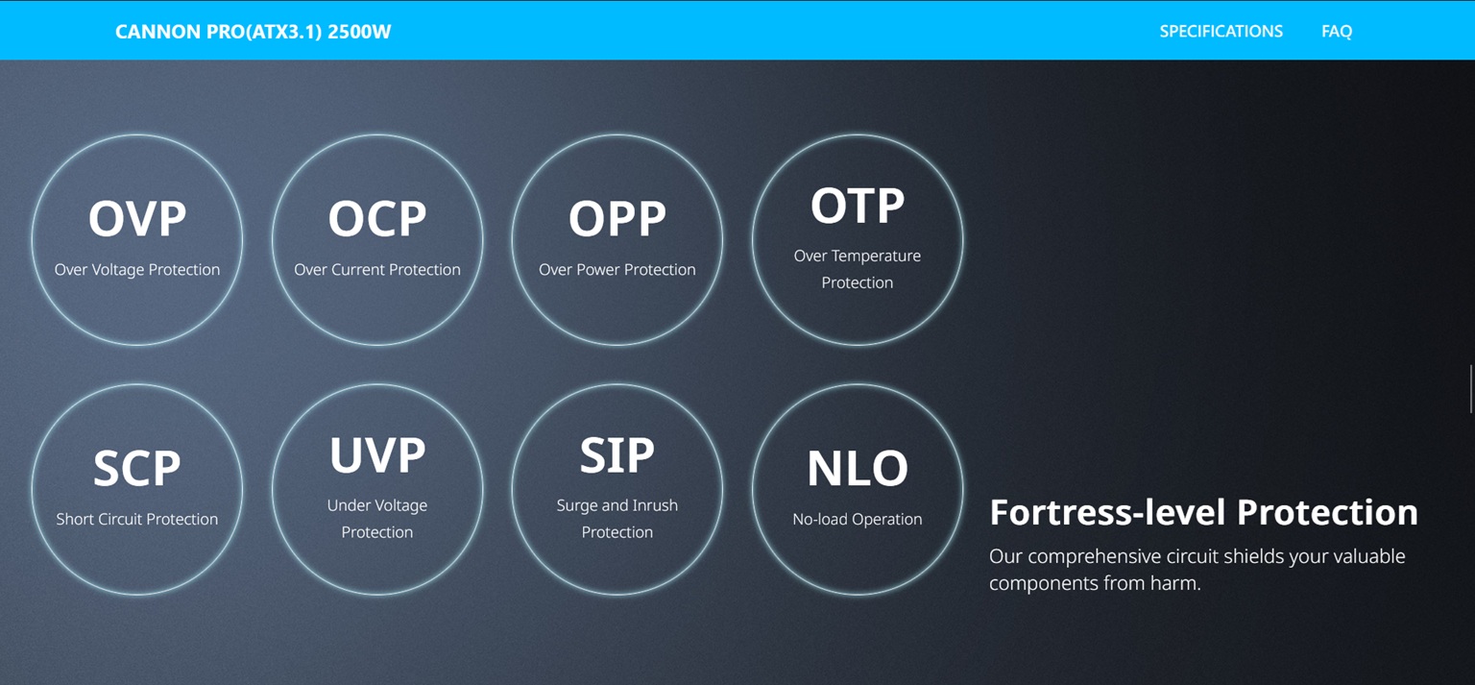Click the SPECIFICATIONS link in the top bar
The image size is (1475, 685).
click(x=1221, y=31)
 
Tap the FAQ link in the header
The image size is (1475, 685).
click(x=1337, y=31)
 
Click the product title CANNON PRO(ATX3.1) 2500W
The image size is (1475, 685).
click(x=253, y=32)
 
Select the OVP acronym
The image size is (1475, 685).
click(x=137, y=219)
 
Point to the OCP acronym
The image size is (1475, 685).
click(x=377, y=219)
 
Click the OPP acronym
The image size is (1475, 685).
click(x=617, y=219)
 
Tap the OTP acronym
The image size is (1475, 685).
click(x=858, y=206)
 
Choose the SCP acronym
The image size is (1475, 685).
click(x=137, y=468)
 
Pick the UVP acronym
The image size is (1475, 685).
click(x=377, y=455)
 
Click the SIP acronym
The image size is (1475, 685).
click(x=617, y=455)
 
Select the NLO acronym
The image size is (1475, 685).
click(x=858, y=468)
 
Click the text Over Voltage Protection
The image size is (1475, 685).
click(x=137, y=269)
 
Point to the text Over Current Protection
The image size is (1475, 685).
click(x=377, y=269)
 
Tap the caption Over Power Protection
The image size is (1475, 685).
click(x=617, y=269)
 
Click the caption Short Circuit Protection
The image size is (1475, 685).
click(x=137, y=519)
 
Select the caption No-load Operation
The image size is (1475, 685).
click(x=858, y=519)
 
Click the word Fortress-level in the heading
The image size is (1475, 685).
click(x=1108, y=512)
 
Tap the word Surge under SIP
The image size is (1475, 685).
click(x=577, y=506)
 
